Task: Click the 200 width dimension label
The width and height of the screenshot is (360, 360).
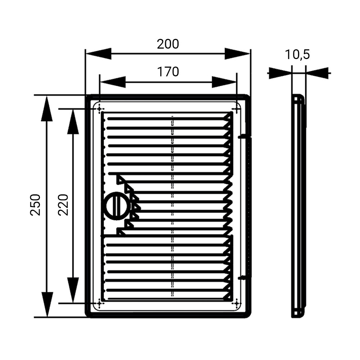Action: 168,44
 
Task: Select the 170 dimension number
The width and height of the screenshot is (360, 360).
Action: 168,72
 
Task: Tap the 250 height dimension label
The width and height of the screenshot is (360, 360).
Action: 35,205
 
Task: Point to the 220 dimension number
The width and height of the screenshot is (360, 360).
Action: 63,205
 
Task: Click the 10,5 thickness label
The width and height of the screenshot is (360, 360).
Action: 297,55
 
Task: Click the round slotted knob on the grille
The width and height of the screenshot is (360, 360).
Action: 117,206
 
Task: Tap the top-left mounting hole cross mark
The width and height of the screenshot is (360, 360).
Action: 99,109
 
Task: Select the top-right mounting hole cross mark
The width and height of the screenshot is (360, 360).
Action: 237,109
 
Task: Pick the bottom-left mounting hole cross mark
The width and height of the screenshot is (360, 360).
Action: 99,303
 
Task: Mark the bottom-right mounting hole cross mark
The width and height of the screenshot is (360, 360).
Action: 237,303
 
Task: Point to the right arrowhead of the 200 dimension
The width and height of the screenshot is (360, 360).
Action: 237,54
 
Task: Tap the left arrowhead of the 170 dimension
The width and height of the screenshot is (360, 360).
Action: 112,82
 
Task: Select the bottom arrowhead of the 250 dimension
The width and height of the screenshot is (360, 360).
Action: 47,305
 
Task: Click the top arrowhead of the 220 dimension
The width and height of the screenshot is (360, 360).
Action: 73,122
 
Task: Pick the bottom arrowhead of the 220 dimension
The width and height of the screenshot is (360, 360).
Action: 73,290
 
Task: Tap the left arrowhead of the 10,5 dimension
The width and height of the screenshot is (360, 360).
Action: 280,73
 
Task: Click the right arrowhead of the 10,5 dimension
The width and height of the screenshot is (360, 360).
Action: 317,73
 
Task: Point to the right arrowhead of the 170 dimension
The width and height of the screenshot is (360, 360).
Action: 224,82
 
